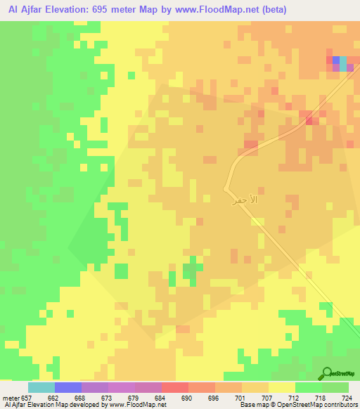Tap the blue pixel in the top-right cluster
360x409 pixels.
point(336,60)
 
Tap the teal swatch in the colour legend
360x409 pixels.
point(41,387)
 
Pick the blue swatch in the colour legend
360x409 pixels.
point(68,387)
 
